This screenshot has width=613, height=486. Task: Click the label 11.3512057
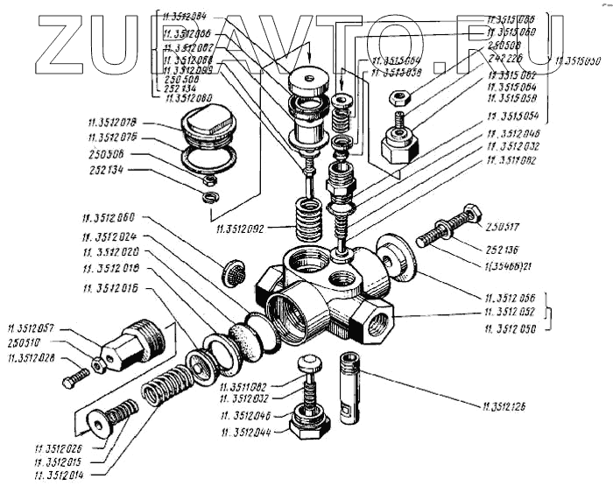(34, 328)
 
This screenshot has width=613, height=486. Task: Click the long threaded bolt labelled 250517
(447, 228)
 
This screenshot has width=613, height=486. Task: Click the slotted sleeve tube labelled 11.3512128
(350, 388)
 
